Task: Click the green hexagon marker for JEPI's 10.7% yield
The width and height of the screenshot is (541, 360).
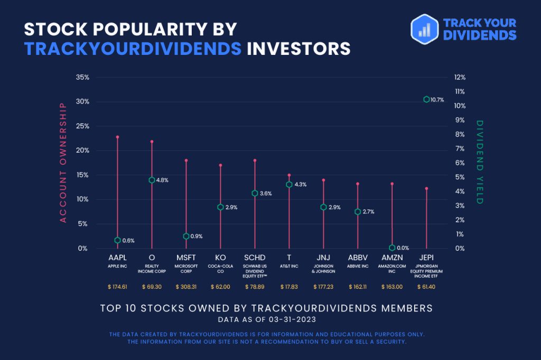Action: (426, 99)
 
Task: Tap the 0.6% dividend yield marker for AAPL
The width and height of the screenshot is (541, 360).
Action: (117, 240)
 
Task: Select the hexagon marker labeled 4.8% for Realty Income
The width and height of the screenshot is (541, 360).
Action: (152, 180)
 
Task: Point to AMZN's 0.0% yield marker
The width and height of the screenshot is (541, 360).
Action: (392, 248)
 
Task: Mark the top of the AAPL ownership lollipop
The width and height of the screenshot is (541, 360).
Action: (117, 137)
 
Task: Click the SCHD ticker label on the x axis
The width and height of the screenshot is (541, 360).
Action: (255, 258)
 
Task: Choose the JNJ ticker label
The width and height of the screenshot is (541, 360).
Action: (323, 258)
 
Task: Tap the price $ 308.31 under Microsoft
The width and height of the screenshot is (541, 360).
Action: (186, 287)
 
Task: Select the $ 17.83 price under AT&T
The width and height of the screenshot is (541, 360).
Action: (289, 287)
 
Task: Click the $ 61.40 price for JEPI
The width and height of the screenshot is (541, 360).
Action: (426, 287)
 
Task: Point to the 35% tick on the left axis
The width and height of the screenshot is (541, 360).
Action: (82, 77)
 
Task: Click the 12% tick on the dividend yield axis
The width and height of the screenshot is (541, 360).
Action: (460, 77)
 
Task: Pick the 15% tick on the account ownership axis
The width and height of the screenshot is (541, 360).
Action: (82, 175)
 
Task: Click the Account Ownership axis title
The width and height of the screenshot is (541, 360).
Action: (63, 163)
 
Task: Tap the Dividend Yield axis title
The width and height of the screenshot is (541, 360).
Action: (480, 163)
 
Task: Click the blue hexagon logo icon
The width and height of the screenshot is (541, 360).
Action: (424, 29)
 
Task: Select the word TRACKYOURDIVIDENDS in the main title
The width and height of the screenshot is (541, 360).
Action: (133, 49)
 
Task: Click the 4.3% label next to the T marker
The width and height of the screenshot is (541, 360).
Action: (300, 184)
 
